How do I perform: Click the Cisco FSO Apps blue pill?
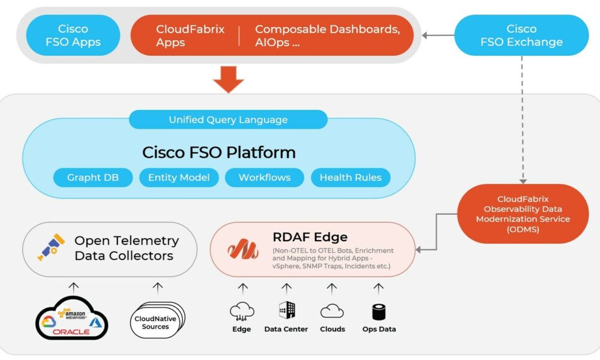coord(73,35)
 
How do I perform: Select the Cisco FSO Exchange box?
coord(521,35)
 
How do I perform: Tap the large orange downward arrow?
coord(229,79)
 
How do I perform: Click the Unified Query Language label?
coord(228,119)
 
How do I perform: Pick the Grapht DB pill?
coord(93,178)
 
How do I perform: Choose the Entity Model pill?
coord(179,178)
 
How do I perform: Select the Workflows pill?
coord(265,178)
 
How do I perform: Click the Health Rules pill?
coord(350,178)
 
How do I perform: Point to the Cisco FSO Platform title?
coord(219,152)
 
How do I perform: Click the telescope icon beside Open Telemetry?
coord(51,247)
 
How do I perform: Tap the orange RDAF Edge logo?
coord(242,249)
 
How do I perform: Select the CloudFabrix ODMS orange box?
coord(523,214)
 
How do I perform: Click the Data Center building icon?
coord(287,310)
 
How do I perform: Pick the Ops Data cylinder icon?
coord(379,312)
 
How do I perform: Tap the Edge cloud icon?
coord(242,311)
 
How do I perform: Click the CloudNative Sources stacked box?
coord(157,320)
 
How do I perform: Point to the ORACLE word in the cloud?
coord(71,332)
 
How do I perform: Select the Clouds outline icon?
coord(332,311)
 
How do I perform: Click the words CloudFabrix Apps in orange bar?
coord(190,35)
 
